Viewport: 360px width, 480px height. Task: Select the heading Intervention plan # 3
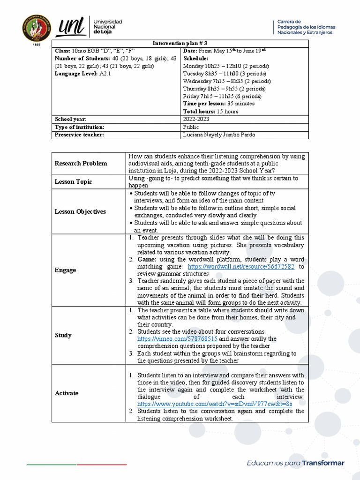(180, 43)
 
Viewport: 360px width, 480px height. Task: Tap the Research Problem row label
(81, 163)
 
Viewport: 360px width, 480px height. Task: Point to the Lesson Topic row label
(74, 181)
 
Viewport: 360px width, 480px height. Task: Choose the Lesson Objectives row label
(81, 211)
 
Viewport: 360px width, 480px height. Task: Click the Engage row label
(65, 270)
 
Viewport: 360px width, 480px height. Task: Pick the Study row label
(63, 335)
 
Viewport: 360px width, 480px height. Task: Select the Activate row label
(67, 393)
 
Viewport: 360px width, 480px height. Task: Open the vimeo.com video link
(177, 338)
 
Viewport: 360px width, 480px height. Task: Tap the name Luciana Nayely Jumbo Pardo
(220, 135)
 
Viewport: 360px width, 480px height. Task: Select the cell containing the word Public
(191, 127)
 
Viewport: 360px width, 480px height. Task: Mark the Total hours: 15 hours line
(210, 111)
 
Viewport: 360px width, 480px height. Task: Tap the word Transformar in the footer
(323, 463)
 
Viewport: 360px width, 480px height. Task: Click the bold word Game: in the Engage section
(147, 259)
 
